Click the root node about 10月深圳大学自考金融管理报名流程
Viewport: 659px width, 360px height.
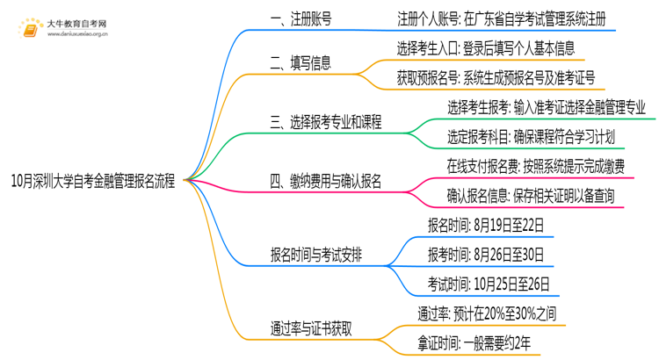94,181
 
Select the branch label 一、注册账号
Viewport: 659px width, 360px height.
301,19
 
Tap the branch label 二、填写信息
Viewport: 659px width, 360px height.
301,62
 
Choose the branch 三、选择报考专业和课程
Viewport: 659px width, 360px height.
326,122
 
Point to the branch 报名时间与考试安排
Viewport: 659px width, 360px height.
315,255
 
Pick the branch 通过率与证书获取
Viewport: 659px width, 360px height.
312,328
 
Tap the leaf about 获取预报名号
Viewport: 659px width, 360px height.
496,78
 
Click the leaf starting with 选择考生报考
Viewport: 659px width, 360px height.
546,107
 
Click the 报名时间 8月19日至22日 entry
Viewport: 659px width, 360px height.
486,225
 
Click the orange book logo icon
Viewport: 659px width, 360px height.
30,29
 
